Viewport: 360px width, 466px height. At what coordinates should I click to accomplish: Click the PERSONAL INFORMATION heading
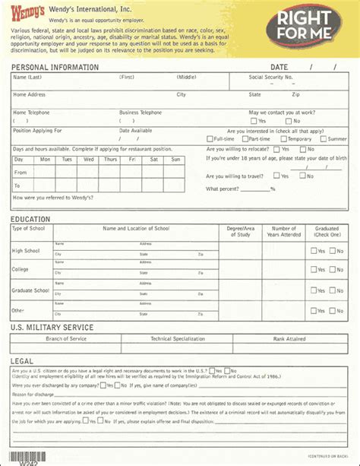[x=55, y=67]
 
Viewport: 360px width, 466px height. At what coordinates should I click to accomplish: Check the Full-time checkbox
[x=210, y=139]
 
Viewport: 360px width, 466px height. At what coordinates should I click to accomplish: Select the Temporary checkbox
[x=283, y=139]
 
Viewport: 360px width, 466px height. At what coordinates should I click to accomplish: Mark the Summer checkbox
[x=323, y=139]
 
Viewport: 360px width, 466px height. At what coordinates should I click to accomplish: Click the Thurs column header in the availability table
[x=110, y=160]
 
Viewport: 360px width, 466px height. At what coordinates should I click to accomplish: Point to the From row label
[x=21, y=173]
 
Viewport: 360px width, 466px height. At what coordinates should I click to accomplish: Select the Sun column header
[x=176, y=160]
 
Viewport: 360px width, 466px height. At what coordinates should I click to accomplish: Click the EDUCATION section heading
[x=30, y=220]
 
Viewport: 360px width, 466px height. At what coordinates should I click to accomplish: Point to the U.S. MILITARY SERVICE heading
[x=52, y=328]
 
